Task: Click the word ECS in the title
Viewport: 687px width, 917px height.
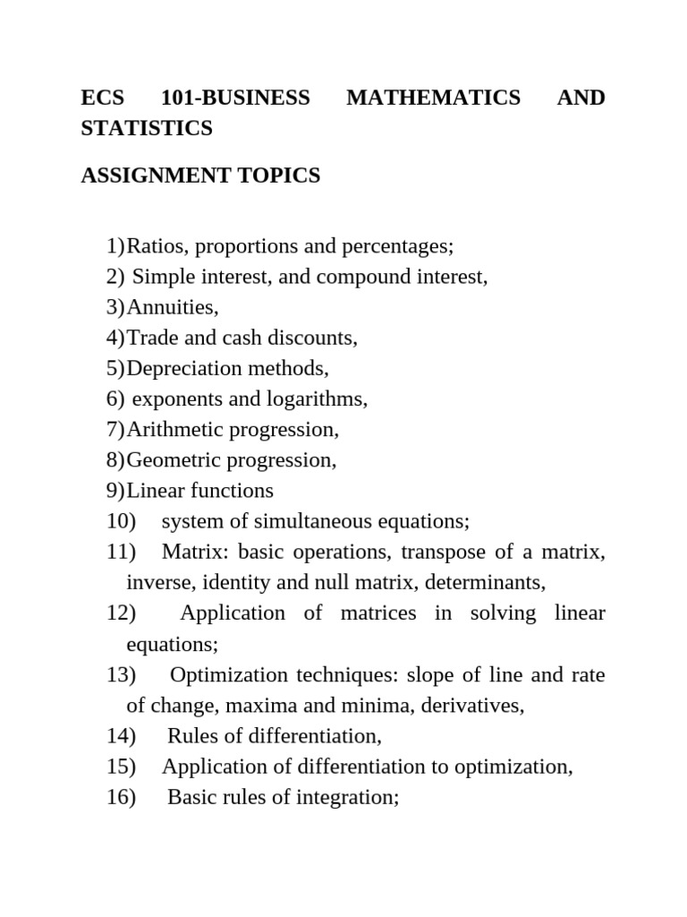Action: [x=102, y=98]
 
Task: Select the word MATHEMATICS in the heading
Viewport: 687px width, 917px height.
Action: [x=433, y=98]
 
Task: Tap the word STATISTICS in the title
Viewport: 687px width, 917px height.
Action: [x=147, y=129]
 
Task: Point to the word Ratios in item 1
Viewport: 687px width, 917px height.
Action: [x=155, y=246]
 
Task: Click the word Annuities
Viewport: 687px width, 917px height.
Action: [x=172, y=307]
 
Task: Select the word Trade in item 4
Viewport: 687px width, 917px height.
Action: [x=151, y=338]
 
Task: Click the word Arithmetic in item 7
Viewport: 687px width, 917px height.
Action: [x=175, y=429]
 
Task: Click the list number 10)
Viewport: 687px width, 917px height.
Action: [x=121, y=521]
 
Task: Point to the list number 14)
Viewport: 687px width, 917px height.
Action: [x=121, y=736]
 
